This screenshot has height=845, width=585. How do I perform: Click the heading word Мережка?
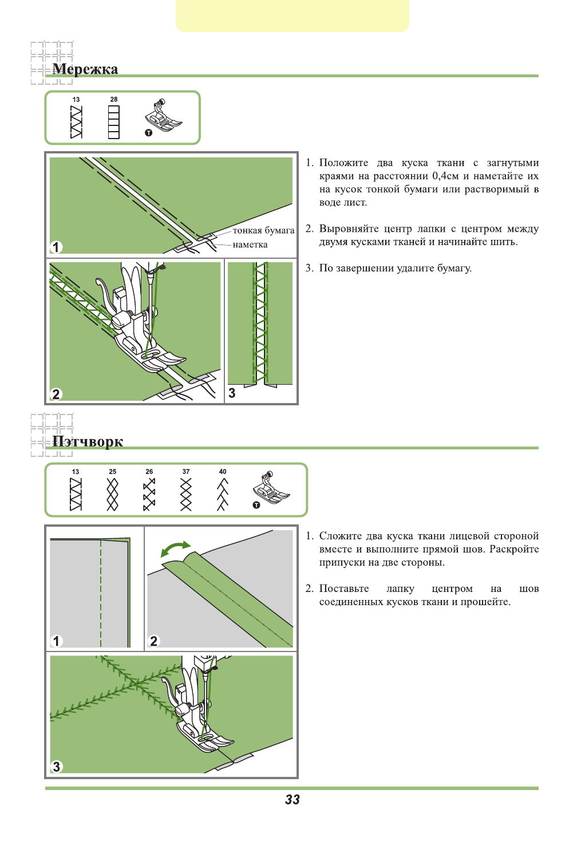tap(85, 69)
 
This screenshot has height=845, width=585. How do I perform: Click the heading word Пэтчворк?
tap(88, 441)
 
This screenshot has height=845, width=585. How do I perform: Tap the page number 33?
tap(292, 800)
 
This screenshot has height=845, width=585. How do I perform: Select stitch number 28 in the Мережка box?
tap(114, 100)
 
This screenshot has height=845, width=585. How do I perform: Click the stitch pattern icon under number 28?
tap(114, 123)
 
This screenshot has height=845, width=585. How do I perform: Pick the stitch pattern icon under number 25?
tap(113, 495)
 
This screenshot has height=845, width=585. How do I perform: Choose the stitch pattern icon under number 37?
tap(186, 495)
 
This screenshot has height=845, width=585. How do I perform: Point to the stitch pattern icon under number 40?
tap(223, 495)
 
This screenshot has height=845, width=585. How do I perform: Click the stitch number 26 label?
tap(149, 472)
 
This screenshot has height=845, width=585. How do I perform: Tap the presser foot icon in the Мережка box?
tap(163, 117)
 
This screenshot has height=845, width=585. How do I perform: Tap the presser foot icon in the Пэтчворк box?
tap(270, 489)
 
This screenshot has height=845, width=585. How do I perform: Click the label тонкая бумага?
tap(263, 231)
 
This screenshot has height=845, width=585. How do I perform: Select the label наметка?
tap(250, 245)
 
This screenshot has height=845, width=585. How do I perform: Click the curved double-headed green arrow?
tap(176, 548)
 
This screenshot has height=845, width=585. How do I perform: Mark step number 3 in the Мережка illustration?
tap(232, 393)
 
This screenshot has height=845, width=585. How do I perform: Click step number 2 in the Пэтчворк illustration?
tap(153, 641)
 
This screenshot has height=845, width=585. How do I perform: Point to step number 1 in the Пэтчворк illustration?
tap(56, 641)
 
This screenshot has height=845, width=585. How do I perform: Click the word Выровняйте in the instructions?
tap(349, 229)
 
